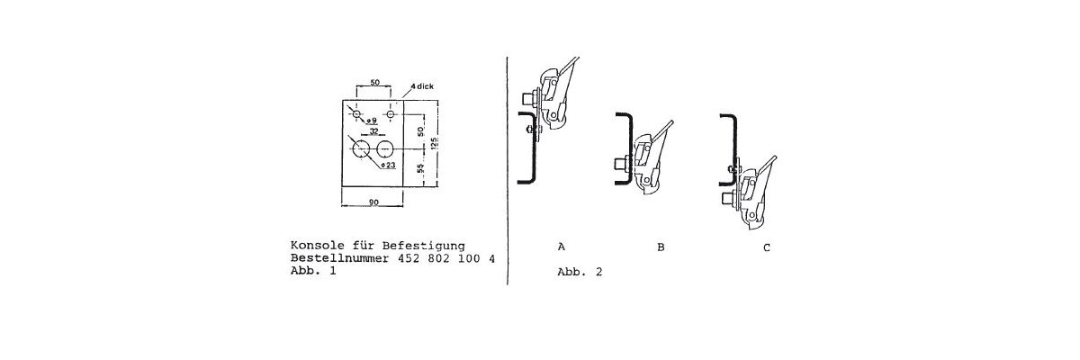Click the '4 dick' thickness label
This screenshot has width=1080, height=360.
(x=422, y=86)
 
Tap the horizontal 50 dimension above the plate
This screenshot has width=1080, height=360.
(x=374, y=83)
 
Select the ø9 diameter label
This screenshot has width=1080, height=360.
(x=371, y=120)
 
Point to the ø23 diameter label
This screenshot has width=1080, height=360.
(x=388, y=166)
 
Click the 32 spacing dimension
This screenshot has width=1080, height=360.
(x=373, y=130)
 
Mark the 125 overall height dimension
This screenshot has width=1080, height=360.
(x=435, y=144)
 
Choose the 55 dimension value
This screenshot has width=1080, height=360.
(x=421, y=168)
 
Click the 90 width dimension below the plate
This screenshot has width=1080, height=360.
(x=373, y=202)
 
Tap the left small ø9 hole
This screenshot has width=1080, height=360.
(x=356, y=114)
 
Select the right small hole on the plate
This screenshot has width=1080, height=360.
(x=390, y=114)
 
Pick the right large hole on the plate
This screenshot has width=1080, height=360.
(x=384, y=149)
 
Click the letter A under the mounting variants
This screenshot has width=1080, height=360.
(x=562, y=247)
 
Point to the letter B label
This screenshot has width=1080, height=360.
(x=661, y=247)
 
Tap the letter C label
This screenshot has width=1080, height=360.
(x=767, y=247)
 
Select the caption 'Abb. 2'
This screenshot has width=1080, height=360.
(x=580, y=272)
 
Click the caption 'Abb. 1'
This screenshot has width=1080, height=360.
(x=313, y=270)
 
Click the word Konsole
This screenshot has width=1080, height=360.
(x=310, y=246)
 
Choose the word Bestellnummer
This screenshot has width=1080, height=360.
(x=339, y=258)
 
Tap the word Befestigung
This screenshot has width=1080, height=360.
(x=423, y=247)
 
